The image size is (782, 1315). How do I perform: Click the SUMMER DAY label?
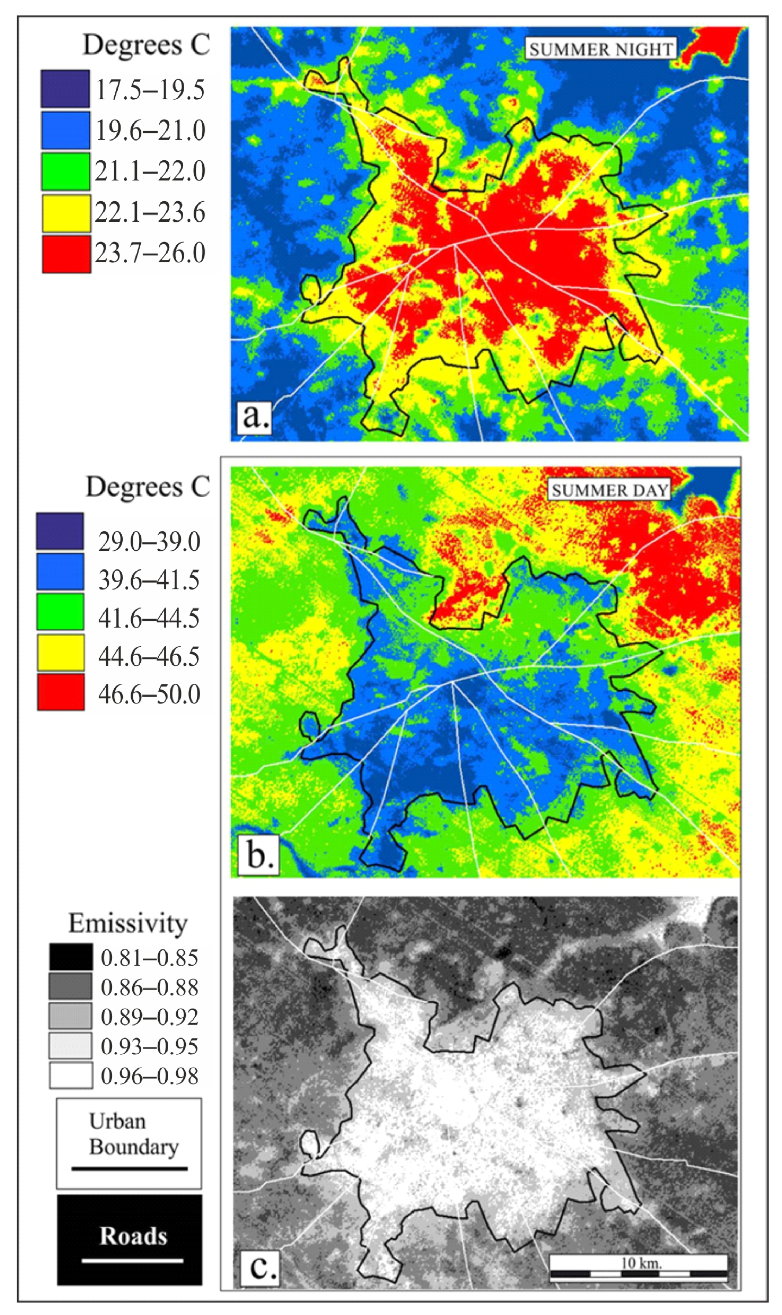tap(609, 490)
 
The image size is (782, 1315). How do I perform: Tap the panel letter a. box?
tap(254, 417)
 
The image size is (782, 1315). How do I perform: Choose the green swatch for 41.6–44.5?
tap(60, 612)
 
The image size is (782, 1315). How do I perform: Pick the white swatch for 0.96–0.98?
tap(71, 1076)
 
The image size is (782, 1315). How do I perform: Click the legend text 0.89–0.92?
tap(150, 1017)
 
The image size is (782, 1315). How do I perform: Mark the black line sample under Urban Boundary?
tap(130, 1169)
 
